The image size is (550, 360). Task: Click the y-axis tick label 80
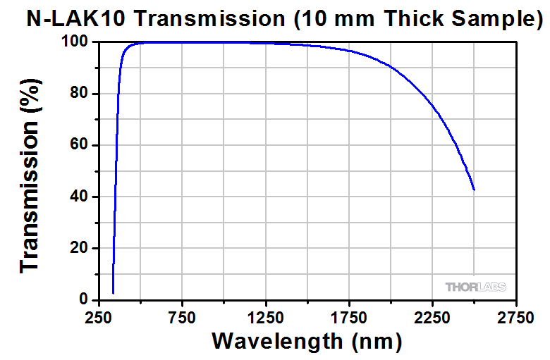pyautogui.click(x=79, y=94)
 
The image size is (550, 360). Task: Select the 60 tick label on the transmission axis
pyautogui.click(x=79, y=145)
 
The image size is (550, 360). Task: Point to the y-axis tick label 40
pyautogui.click(x=79, y=197)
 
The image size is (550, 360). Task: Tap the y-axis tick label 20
pyautogui.click(x=79, y=248)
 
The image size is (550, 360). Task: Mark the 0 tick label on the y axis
pyautogui.click(x=83, y=299)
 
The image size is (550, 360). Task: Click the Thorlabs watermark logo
pyautogui.click(x=475, y=287)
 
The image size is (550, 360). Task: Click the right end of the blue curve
pyautogui.click(x=474, y=190)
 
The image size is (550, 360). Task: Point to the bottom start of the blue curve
pyautogui.click(x=113, y=292)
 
